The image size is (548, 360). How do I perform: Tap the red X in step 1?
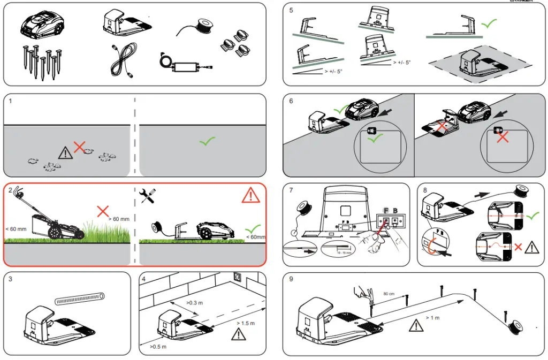[x=80, y=147]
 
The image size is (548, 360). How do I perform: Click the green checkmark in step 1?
[x=207, y=142]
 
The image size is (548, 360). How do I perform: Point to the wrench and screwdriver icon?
[x=147, y=196]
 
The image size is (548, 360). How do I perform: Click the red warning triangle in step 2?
[x=250, y=195]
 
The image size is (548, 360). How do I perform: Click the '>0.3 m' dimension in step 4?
[x=194, y=303]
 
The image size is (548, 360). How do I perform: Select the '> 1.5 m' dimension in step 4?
[x=246, y=323]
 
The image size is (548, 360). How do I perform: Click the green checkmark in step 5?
[x=489, y=24]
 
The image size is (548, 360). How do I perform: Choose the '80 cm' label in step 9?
[x=389, y=293]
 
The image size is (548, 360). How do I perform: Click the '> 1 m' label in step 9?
[x=432, y=318]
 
